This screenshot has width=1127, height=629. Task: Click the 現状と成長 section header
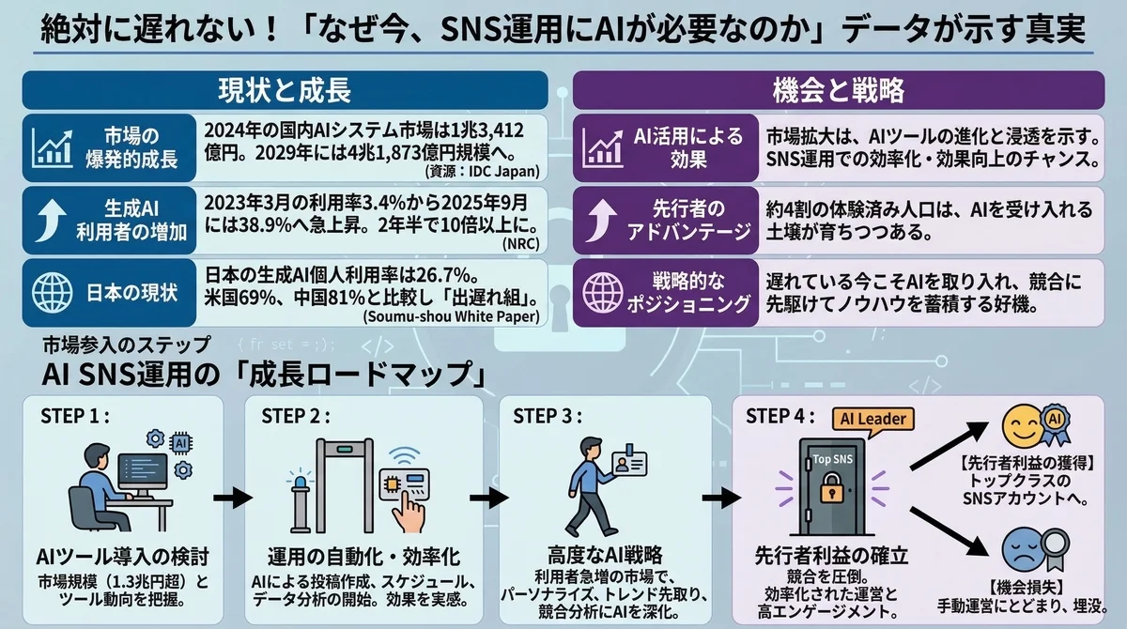click(x=284, y=90)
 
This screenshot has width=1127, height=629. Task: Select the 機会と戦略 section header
click(x=838, y=90)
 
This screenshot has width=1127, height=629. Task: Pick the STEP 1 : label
click(x=76, y=416)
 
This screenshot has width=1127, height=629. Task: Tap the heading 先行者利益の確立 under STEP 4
click(x=831, y=556)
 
